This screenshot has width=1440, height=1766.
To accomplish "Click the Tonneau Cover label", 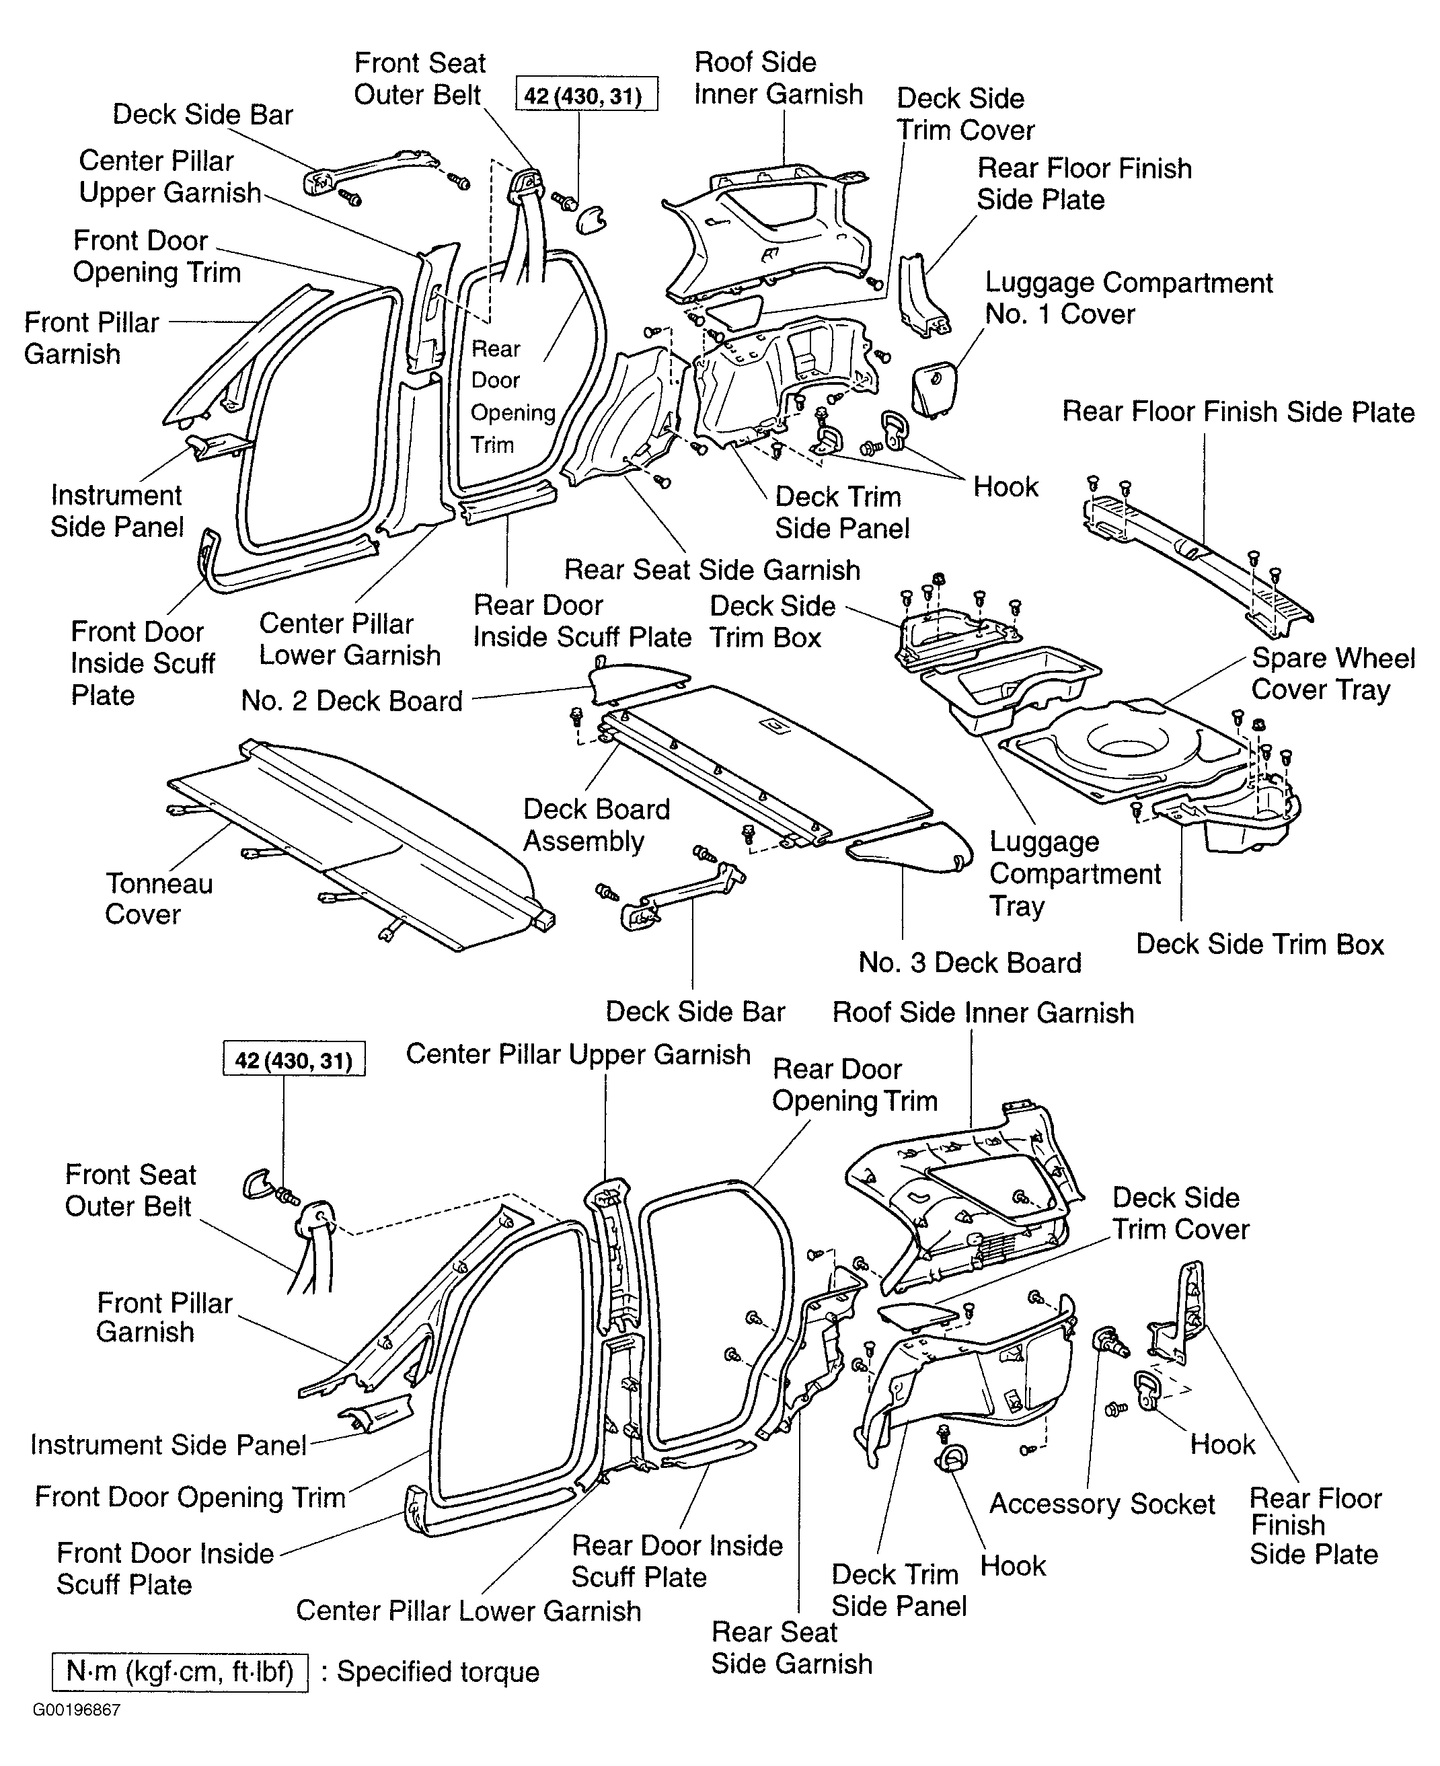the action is click(x=159, y=898).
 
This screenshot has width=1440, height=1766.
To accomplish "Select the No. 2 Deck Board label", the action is click(x=352, y=701).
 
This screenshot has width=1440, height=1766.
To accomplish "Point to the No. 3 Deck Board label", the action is click(x=970, y=962).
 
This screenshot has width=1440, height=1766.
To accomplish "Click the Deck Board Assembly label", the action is click(x=597, y=825).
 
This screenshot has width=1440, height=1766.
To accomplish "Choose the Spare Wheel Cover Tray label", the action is click(x=1333, y=673).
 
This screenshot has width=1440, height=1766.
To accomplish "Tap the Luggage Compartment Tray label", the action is click(x=1075, y=873).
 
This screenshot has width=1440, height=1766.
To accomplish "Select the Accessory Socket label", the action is click(x=1102, y=1503).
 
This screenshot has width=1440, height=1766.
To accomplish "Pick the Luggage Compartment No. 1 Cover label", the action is click(x=1128, y=298).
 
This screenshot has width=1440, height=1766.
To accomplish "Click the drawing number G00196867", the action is click(x=76, y=1710).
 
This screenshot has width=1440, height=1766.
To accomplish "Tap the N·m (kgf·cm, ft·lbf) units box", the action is click(x=180, y=1671).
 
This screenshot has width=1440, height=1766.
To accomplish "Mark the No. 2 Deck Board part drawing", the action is click(x=636, y=680).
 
